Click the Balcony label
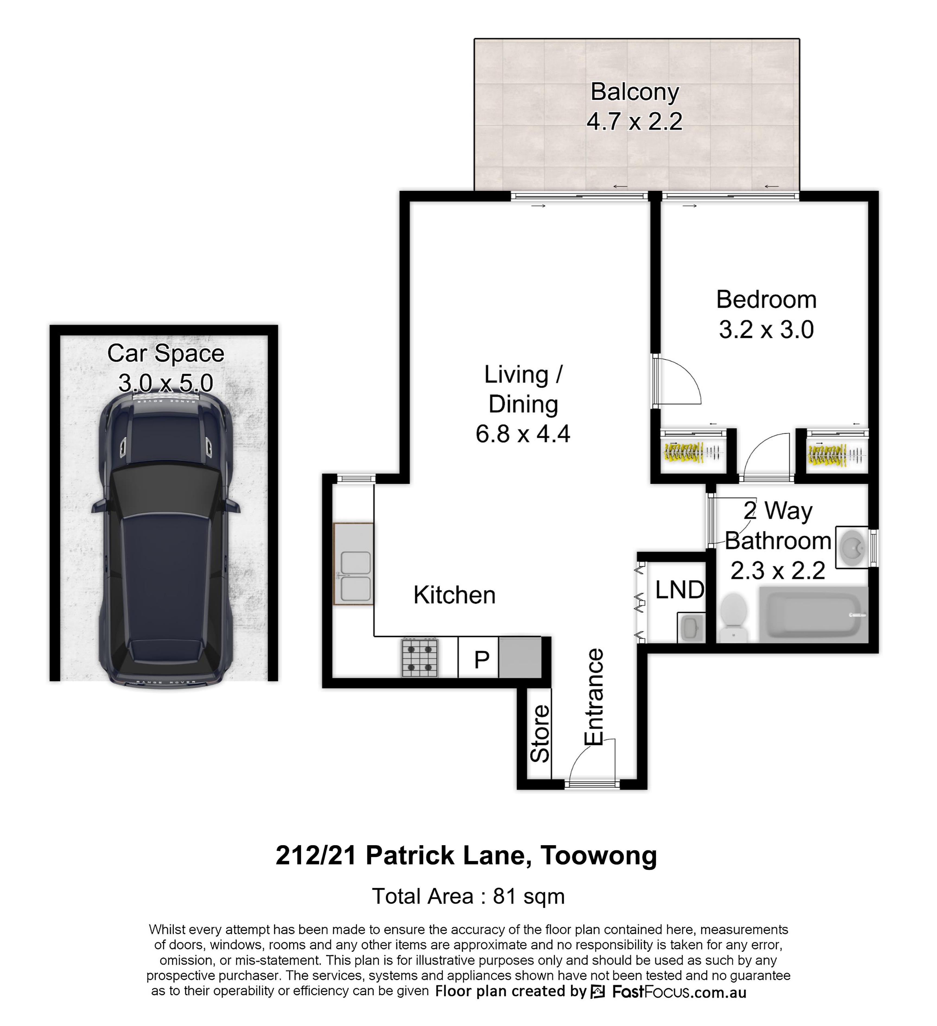[635, 92]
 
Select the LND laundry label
[679, 590]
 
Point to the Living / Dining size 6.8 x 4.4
[523, 434]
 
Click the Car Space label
[166, 353]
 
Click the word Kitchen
[454, 595]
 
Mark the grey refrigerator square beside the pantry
[520, 657]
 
